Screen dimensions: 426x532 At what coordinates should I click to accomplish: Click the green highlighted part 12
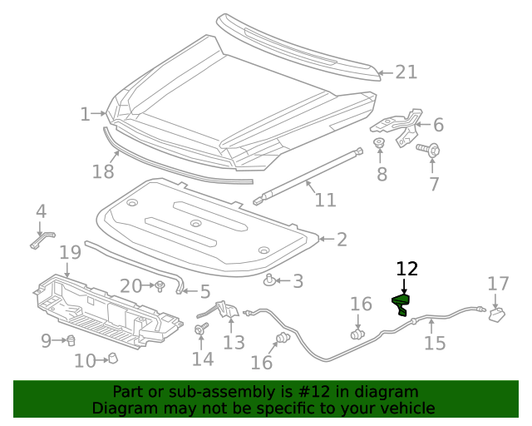(x=401, y=305)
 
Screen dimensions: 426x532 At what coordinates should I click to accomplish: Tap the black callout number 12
(x=406, y=269)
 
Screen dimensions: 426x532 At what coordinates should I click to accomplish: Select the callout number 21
(x=406, y=72)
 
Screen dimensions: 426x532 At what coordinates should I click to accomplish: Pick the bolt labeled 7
(x=431, y=151)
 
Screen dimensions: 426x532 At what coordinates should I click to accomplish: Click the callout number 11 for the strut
(x=325, y=201)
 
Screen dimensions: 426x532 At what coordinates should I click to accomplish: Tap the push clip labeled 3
(x=270, y=280)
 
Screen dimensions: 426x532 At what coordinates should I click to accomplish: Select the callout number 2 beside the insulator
(x=341, y=240)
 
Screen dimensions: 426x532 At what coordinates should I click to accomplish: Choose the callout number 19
(x=70, y=251)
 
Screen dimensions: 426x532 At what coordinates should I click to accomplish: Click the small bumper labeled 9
(x=71, y=339)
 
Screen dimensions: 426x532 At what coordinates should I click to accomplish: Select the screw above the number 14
(x=200, y=330)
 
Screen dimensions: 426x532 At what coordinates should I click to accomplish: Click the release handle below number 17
(x=498, y=314)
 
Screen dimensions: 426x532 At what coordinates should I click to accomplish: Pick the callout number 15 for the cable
(x=435, y=343)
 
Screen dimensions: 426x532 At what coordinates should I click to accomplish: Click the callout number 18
(x=103, y=171)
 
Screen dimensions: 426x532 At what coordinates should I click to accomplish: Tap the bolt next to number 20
(x=158, y=287)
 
